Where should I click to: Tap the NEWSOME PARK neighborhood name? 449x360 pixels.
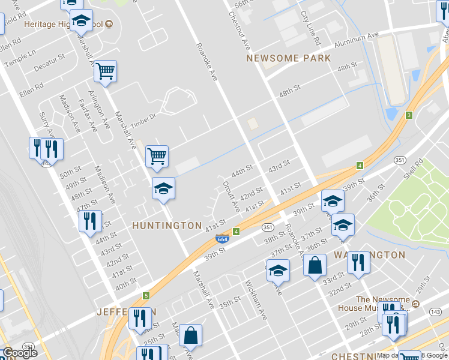click(x=289, y=58)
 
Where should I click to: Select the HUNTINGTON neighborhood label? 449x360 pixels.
click(x=167, y=226)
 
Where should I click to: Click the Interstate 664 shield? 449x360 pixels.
click(x=222, y=239)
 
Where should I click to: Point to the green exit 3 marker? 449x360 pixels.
click(x=409, y=115)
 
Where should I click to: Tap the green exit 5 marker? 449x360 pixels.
click(x=145, y=296)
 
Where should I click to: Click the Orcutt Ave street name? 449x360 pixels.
click(x=231, y=196)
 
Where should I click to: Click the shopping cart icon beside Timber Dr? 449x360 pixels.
click(x=157, y=156)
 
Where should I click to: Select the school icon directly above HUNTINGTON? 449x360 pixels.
click(x=163, y=189)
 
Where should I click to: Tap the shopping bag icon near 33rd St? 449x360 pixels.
click(x=315, y=265)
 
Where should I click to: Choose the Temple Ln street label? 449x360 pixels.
click(x=20, y=58)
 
